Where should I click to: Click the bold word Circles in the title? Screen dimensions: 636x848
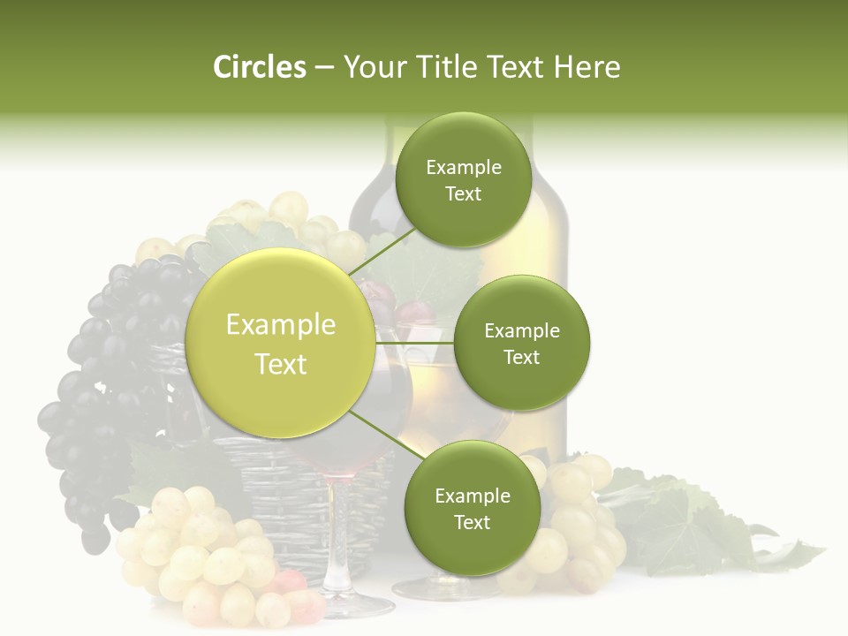(x=259, y=67)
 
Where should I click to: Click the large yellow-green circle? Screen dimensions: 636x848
(x=281, y=343)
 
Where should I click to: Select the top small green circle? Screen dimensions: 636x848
(x=463, y=179)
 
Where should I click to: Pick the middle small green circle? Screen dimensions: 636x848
(x=521, y=343)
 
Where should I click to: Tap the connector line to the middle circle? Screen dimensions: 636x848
(x=413, y=343)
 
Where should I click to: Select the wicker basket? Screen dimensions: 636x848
(x=265, y=495)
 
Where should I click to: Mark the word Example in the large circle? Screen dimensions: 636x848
(x=281, y=325)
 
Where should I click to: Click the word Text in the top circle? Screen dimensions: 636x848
(x=463, y=194)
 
